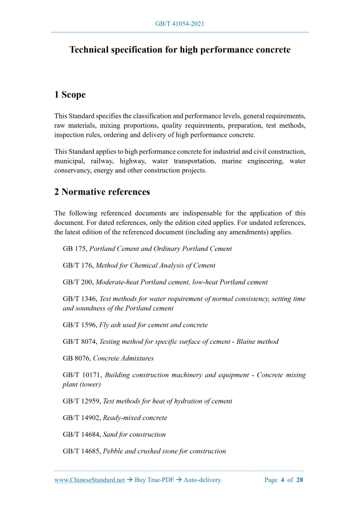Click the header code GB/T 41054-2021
[x=180, y=24]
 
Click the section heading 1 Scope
[x=70, y=95]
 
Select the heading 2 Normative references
[x=102, y=192]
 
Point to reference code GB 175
[x=74, y=249]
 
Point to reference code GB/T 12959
[x=82, y=401]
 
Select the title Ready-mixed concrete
[x=135, y=418]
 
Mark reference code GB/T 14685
[x=82, y=451]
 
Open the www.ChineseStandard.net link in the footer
[x=89, y=480]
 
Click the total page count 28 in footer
[x=300, y=480]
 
